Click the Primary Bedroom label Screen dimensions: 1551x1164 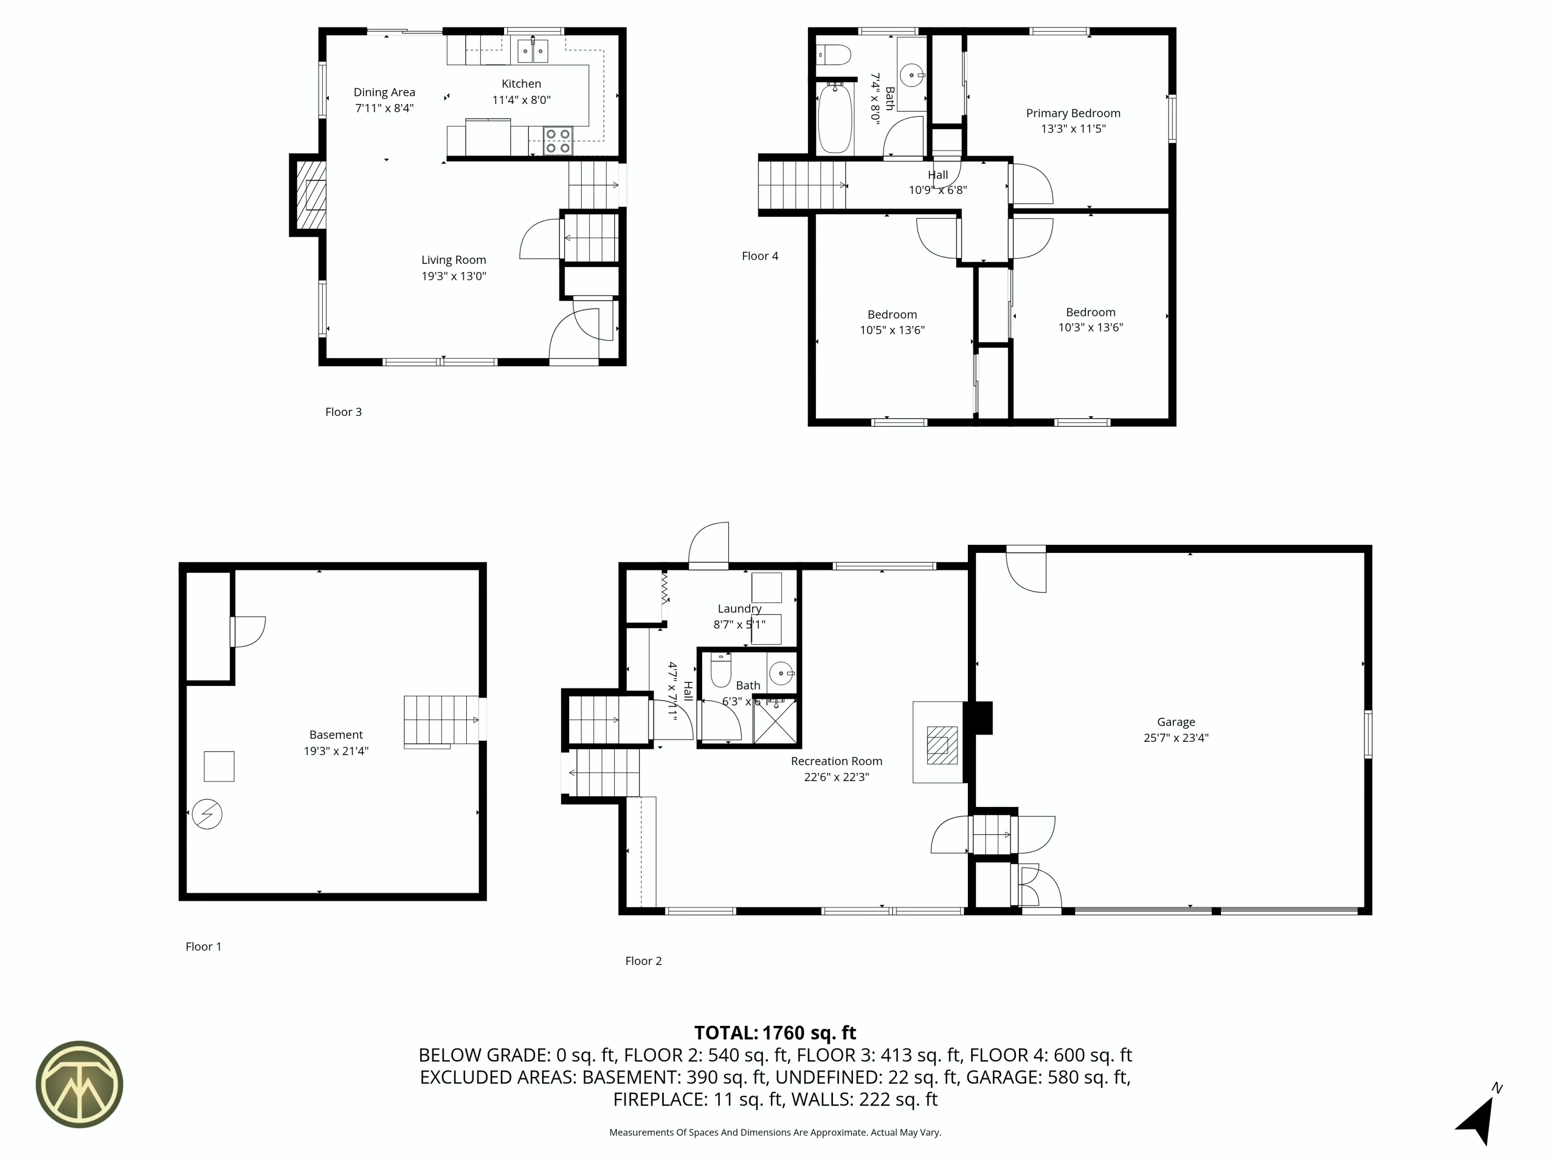(1073, 113)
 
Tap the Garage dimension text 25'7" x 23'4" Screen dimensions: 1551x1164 (1176, 737)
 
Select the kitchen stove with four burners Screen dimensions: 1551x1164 (558, 140)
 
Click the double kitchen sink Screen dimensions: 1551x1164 (533, 51)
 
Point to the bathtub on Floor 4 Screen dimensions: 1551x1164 (835, 118)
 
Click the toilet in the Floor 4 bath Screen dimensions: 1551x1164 (834, 54)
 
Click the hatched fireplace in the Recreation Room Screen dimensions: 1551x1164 (942, 745)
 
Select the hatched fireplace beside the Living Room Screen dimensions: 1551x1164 (311, 196)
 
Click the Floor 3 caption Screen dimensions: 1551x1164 (344, 412)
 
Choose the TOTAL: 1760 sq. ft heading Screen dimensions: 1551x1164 (775, 1033)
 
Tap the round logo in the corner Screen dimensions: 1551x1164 (79, 1084)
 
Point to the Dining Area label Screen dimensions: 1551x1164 (384, 92)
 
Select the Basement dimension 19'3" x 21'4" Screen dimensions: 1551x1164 (336, 751)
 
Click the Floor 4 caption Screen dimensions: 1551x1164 (760, 256)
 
